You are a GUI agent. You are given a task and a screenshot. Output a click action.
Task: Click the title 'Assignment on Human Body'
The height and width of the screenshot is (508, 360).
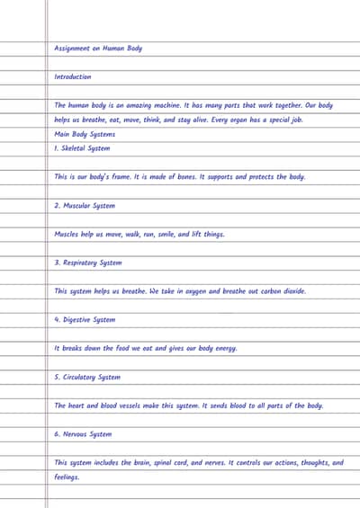(98, 49)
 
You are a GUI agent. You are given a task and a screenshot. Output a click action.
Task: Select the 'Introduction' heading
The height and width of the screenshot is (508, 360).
(73, 77)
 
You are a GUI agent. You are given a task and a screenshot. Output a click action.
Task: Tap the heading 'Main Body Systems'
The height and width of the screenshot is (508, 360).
(85, 134)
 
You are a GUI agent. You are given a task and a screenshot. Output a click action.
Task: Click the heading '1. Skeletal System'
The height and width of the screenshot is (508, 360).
(82, 148)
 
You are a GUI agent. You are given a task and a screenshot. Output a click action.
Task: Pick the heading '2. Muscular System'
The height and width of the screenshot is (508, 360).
(85, 206)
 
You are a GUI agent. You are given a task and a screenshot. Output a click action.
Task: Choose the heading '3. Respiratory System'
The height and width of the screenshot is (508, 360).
(87, 263)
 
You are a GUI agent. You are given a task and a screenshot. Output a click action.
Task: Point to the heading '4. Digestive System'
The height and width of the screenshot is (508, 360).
(85, 319)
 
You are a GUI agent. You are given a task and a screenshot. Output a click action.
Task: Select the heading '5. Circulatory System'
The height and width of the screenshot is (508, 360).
(88, 377)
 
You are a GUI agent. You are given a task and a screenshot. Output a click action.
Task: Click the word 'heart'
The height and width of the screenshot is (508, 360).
(76, 406)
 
